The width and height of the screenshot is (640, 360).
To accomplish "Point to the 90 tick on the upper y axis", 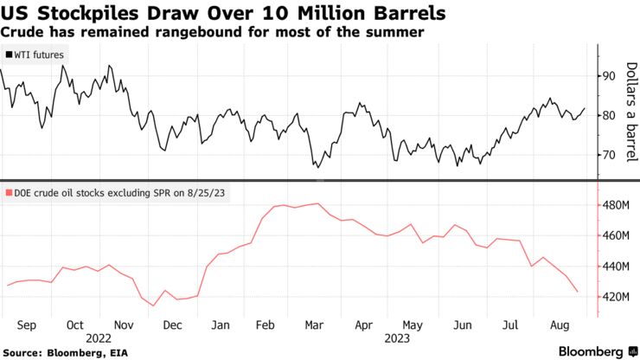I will (x=609, y=76).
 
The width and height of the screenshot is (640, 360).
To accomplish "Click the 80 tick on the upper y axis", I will (x=609, y=115).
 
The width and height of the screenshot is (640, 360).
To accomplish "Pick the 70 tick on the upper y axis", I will (x=609, y=155).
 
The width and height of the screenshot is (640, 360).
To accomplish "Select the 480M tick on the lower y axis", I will (x=616, y=206).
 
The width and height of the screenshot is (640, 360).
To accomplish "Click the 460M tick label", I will (x=616, y=236).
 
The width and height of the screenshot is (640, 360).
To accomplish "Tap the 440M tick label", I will (x=616, y=267).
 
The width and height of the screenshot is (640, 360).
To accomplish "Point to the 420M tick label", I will (x=616, y=297).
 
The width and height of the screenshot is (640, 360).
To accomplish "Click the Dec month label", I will (x=172, y=325).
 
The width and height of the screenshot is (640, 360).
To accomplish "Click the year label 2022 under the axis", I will (x=98, y=337).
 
